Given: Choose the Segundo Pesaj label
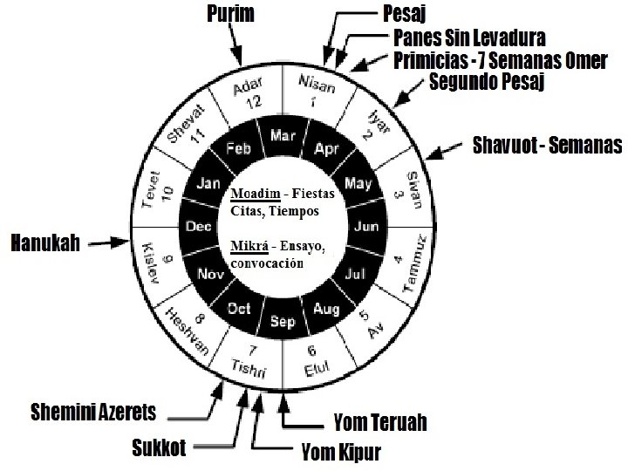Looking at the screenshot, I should [484, 83].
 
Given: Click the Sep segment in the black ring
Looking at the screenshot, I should [282, 320].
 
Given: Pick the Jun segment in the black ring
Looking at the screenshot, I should [365, 227].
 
